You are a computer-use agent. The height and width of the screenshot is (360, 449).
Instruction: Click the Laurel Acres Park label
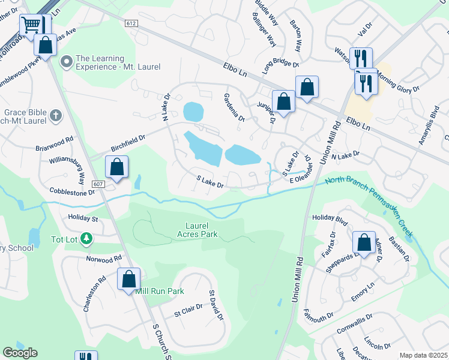(x=197, y=230)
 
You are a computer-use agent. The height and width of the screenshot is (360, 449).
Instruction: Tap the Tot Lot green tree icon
(x=86, y=239)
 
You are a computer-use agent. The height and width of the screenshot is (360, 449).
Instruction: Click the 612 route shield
(x=131, y=23)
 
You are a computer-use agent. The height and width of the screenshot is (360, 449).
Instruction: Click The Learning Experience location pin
(x=67, y=62)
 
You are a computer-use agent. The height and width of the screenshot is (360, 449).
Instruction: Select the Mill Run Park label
(x=160, y=291)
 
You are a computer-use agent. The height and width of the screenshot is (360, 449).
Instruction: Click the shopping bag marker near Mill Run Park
(x=128, y=279)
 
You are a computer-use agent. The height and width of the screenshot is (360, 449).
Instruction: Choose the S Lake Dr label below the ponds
(x=210, y=181)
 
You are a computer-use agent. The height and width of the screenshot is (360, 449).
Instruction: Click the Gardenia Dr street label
(x=234, y=107)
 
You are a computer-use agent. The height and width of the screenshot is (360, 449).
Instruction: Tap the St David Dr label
(x=216, y=305)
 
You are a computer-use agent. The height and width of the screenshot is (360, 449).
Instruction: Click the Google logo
(x=20, y=352)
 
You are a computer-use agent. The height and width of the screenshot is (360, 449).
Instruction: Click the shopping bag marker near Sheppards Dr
(x=364, y=243)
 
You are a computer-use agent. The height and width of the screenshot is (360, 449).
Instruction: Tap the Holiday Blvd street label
(x=327, y=220)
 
